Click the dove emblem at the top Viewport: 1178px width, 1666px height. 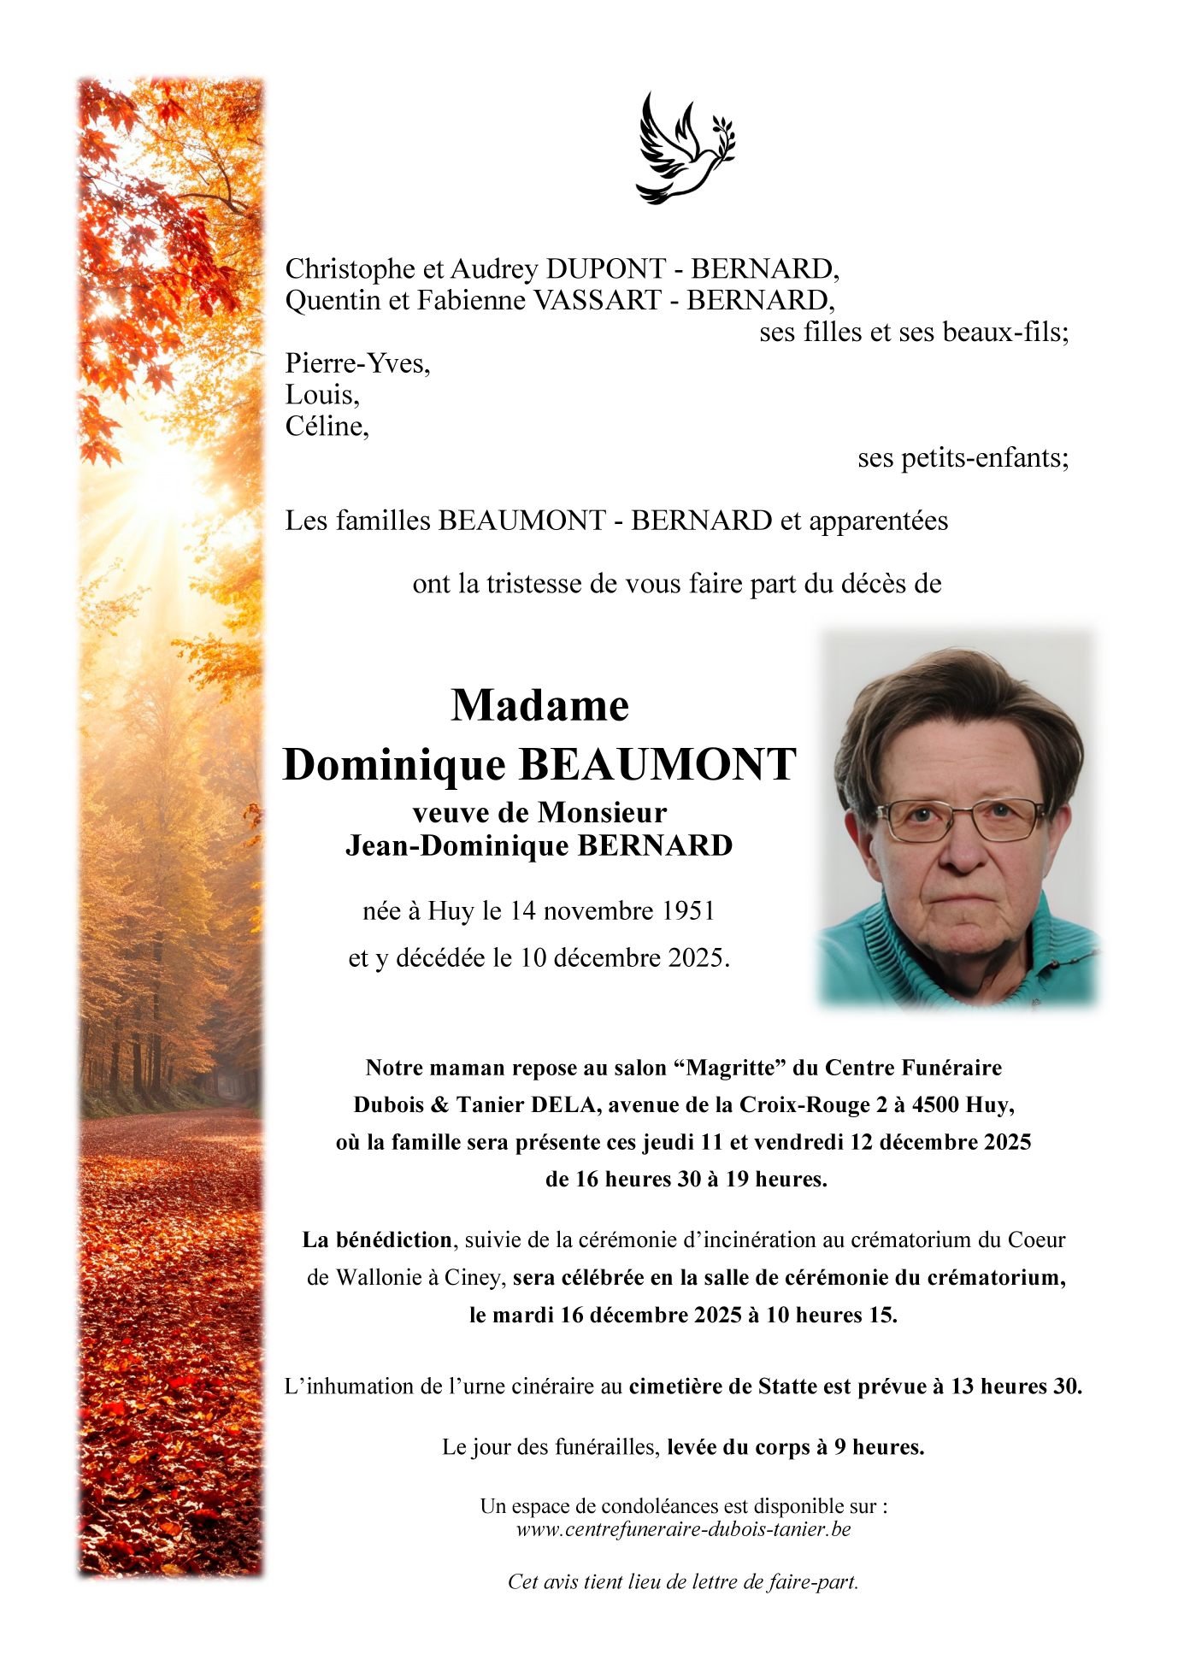click(685, 148)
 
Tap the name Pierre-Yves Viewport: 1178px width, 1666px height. click(357, 364)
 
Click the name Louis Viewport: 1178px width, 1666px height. click(322, 395)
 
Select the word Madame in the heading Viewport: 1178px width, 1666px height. click(540, 706)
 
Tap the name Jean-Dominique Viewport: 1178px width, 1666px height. click(457, 846)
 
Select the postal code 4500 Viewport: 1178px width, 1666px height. click(935, 1105)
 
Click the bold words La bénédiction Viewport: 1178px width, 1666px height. click(377, 1240)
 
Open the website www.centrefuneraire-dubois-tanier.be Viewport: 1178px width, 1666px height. click(683, 1529)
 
